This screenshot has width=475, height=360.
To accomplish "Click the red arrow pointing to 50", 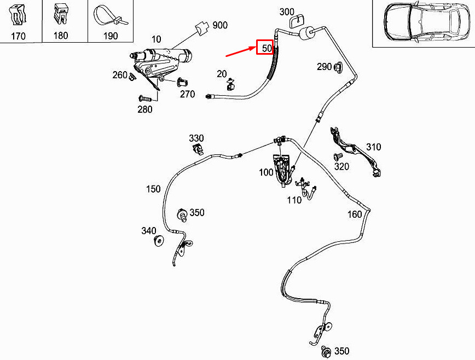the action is [241, 51].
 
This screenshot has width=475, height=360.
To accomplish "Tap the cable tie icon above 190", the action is [111, 18].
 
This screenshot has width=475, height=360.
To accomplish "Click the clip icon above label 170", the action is [18, 16].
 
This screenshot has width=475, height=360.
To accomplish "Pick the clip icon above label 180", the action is [61, 15].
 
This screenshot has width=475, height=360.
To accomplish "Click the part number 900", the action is [220, 25].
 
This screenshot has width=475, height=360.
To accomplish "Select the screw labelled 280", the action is [145, 98].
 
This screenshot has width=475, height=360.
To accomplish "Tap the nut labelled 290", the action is [338, 67].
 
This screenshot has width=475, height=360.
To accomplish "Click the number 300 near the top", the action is [287, 12].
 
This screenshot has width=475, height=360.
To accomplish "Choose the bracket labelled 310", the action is [355, 151].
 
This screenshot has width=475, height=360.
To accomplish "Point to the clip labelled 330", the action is [198, 148].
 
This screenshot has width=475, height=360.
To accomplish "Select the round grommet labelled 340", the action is [159, 240].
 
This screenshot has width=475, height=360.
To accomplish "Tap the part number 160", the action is [355, 214].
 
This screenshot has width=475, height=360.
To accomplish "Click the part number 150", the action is [153, 189].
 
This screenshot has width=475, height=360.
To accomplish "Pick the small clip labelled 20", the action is [231, 84].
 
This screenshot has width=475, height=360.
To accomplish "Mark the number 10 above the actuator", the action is [157, 39].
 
